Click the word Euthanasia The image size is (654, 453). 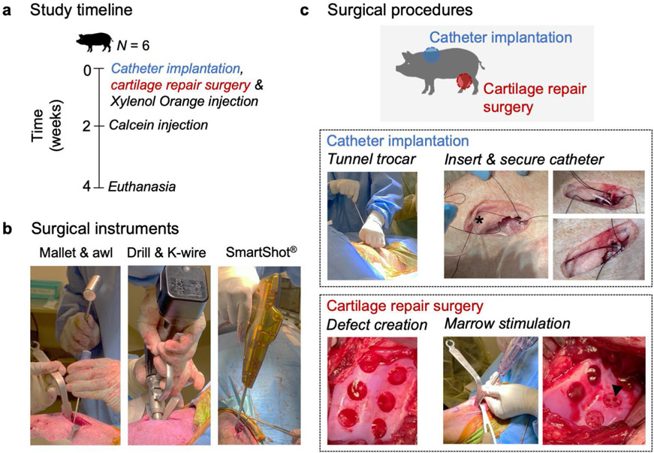click(x=142, y=186)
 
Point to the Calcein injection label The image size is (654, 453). click(x=158, y=125)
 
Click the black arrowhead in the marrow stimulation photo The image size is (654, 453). click(x=616, y=388)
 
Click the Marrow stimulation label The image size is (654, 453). click(x=498, y=325)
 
